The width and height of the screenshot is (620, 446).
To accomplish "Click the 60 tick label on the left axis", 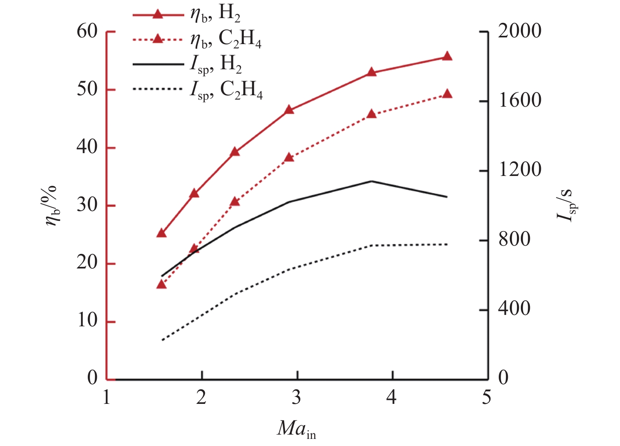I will pos(87,31).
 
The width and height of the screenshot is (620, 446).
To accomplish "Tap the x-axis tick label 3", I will pos(296,398).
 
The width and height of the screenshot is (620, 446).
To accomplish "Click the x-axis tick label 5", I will pos(487,398).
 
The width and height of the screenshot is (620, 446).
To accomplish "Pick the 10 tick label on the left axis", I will pos(87,321).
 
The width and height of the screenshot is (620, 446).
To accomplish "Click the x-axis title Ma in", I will pos(296,429).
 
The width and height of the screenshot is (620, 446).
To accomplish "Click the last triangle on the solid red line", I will pos(447,57).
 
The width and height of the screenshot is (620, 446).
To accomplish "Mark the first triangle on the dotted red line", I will pos(161,284).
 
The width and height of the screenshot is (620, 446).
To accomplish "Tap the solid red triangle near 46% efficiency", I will pos(289,110).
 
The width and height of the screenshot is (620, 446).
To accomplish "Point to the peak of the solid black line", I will pos(372,181).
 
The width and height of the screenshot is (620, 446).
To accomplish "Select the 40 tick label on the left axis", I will pos(87,147).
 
